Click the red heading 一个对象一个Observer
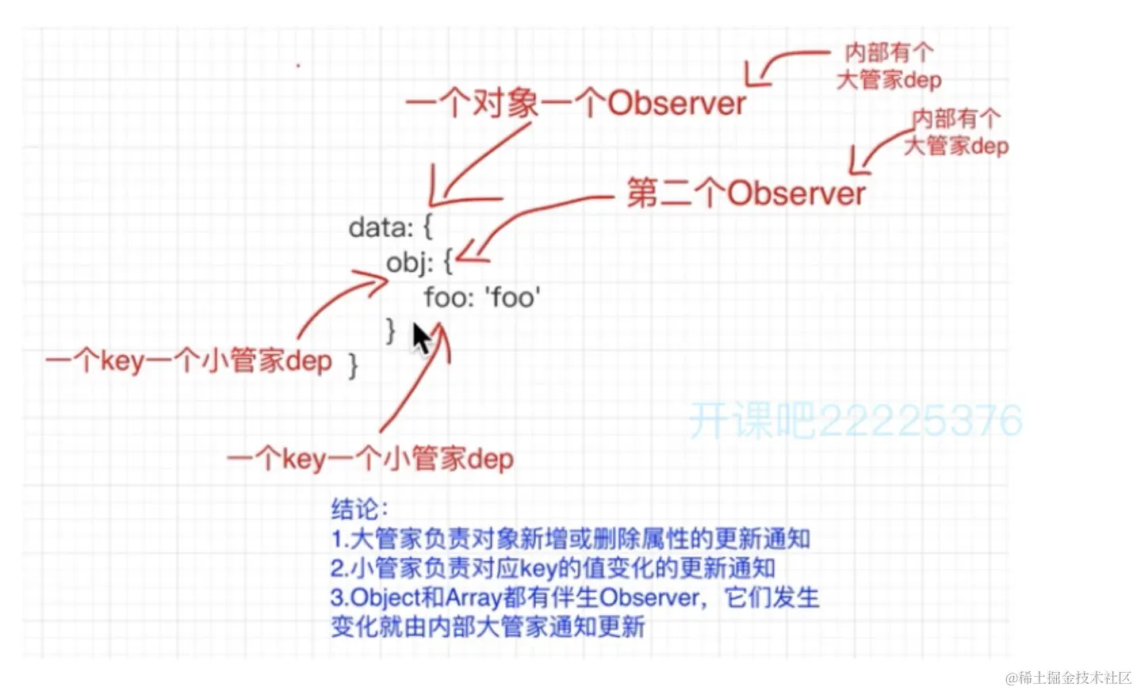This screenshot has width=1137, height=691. point(576,104)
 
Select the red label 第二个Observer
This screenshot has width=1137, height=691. point(745,193)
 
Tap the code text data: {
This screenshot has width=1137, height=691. point(390,227)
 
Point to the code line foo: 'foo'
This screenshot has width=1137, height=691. point(481,297)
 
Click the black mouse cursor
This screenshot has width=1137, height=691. point(421,338)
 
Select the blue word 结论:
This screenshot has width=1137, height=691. point(359,508)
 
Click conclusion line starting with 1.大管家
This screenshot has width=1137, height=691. point(570,539)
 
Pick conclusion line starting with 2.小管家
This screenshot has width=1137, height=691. point(553,568)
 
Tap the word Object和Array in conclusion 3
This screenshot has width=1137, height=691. point(427,597)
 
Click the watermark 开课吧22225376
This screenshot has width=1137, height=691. point(855,420)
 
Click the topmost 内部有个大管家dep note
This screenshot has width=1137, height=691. point(889,67)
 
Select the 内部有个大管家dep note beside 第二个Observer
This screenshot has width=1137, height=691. point(955,132)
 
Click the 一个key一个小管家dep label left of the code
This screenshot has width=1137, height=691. point(189,361)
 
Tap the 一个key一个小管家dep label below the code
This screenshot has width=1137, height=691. point(370,459)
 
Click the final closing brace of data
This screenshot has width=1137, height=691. point(353,365)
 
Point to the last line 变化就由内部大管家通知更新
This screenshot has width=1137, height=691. point(488,627)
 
